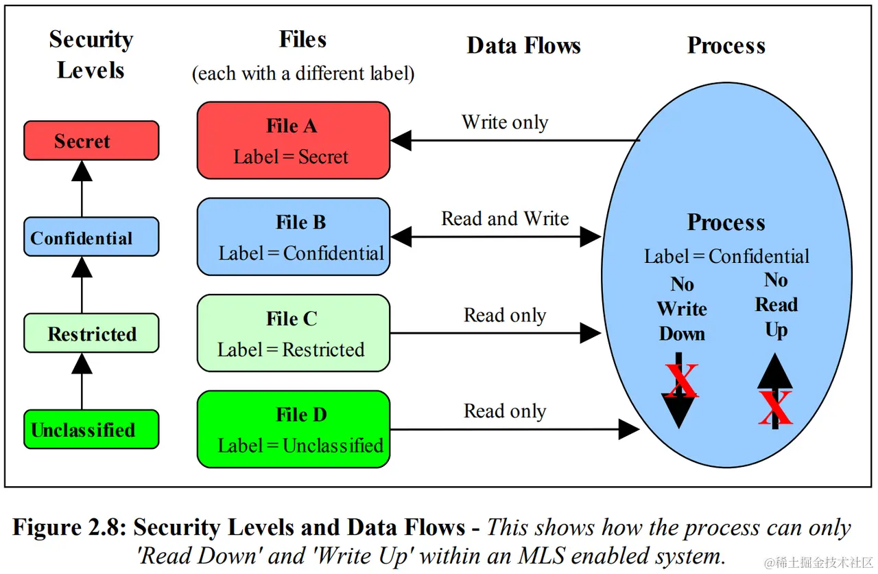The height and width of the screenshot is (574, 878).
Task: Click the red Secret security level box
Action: pos(91,141)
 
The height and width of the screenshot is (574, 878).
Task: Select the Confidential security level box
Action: pos(91,237)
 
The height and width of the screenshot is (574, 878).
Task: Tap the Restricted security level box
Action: pos(91,333)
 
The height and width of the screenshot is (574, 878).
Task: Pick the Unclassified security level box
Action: pos(91,429)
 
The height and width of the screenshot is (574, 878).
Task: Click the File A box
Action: pos(294,141)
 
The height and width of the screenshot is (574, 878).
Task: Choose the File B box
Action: pos(294,237)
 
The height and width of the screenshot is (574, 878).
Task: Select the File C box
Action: pos(294,333)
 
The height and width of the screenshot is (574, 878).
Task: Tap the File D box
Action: pos(294,429)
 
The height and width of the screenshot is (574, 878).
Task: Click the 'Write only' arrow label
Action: pos(505,122)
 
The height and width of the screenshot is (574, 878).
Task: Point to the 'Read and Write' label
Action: pos(505,218)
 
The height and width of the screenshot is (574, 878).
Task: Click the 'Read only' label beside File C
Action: pos(505,315)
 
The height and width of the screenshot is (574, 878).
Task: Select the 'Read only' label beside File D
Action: pos(505,411)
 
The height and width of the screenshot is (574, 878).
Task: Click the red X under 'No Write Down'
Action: pos(682,380)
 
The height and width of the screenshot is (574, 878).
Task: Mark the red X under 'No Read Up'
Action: pos(775,407)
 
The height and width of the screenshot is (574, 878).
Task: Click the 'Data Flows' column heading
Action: pos(523,45)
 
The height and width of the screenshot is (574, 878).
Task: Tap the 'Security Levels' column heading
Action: pos(91,54)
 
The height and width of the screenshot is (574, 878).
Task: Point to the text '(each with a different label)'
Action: pos(303,73)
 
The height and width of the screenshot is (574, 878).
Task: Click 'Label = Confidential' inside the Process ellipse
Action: pos(726,256)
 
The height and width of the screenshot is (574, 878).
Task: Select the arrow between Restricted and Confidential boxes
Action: pos(82,285)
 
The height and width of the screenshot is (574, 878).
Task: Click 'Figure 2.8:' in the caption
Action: pos(69,527)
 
